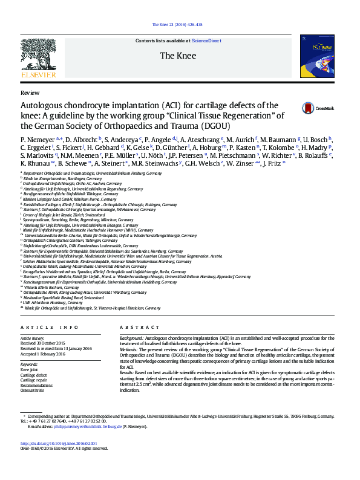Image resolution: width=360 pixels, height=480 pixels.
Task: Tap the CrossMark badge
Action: (x=317, y=108)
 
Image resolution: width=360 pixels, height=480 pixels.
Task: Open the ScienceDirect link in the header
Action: (x=206, y=41)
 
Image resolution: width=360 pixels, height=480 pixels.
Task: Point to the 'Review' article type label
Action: (x=30, y=94)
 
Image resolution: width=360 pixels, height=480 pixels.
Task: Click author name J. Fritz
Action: (x=273, y=163)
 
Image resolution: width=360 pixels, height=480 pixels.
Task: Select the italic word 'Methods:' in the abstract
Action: (x=129, y=349)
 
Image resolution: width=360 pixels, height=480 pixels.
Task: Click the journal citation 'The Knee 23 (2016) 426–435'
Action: (x=180, y=25)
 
